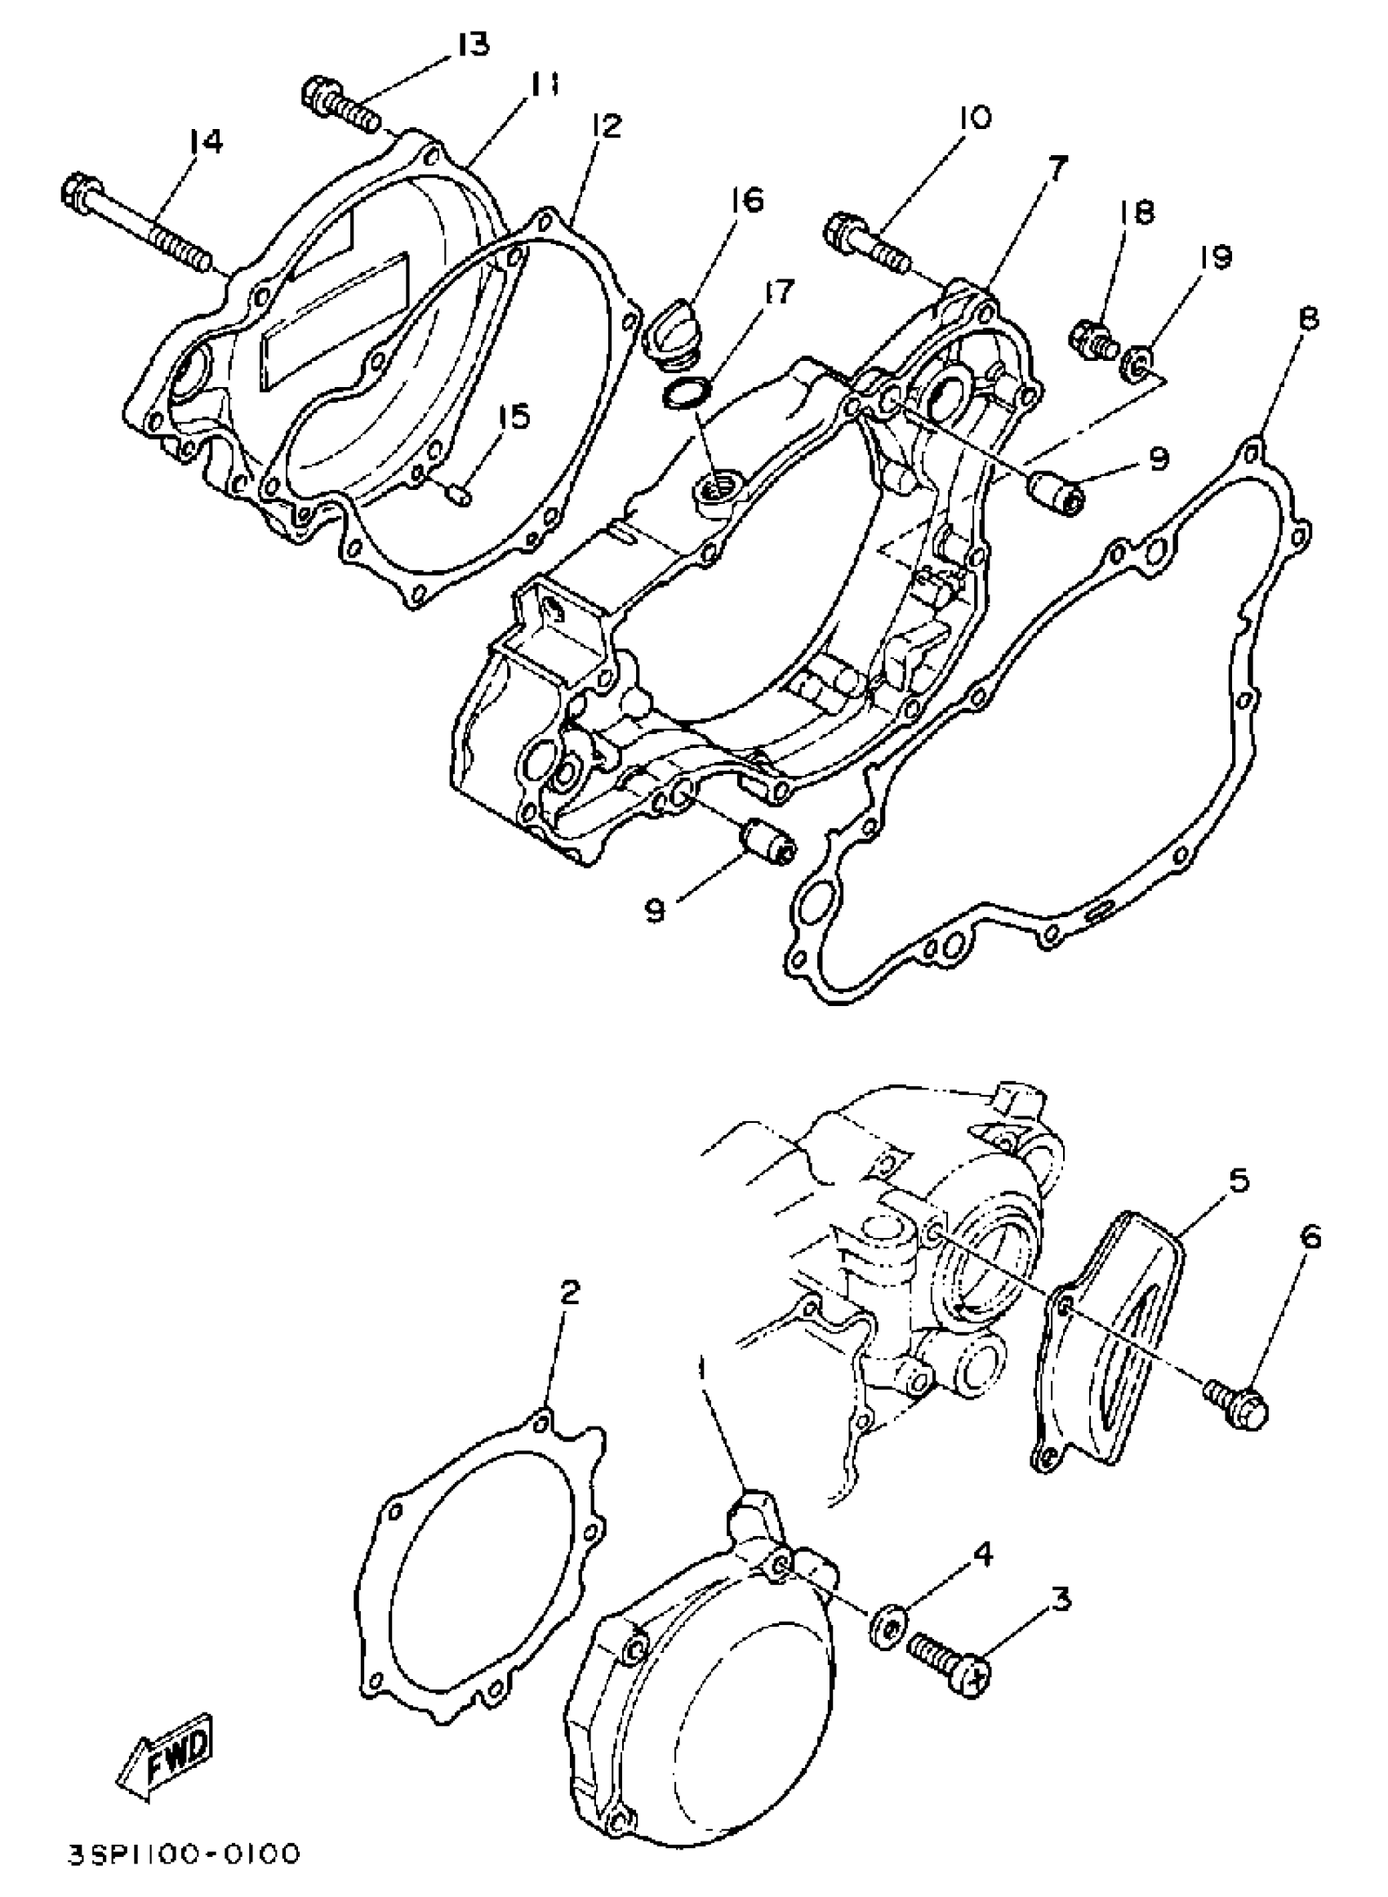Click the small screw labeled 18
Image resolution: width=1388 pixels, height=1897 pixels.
coord(1092,340)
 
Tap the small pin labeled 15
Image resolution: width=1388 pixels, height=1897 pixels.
coord(460,497)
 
